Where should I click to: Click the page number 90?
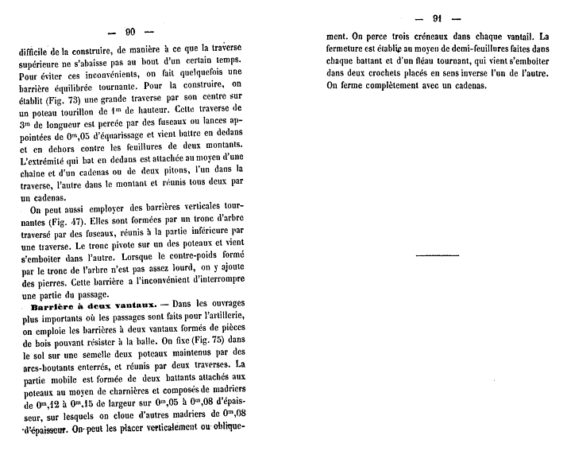[130, 32]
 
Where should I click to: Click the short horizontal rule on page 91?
[438, 255]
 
